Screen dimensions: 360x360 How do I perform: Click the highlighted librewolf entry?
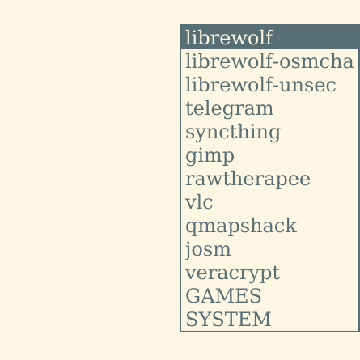(229, 37)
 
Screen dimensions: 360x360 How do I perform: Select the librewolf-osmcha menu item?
(269, 61)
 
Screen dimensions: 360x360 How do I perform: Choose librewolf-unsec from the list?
(260, 85)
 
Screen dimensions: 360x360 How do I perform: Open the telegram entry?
(230, 109)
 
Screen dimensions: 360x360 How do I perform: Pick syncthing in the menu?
(233, 133)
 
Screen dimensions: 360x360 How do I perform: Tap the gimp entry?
(210, 156)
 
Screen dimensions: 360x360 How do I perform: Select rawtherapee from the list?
(248, 180)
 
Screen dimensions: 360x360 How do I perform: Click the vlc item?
(199, 202)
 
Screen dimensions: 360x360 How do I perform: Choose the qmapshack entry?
(241, 227)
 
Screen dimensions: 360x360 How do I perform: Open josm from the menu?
(208, 250)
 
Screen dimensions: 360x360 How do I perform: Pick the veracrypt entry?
(233, 273)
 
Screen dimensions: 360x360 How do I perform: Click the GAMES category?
(223, 296)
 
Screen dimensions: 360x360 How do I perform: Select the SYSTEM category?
(228, 320)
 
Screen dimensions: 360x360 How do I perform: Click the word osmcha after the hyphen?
(316, 61)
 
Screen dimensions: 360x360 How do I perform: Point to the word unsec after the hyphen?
(307, 85)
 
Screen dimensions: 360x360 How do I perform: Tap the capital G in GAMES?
(192, 296)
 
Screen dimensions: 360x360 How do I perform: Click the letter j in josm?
(188, 250)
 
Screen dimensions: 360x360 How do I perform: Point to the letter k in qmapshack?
(291, 225)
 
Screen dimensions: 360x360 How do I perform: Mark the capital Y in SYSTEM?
(205, 320)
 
